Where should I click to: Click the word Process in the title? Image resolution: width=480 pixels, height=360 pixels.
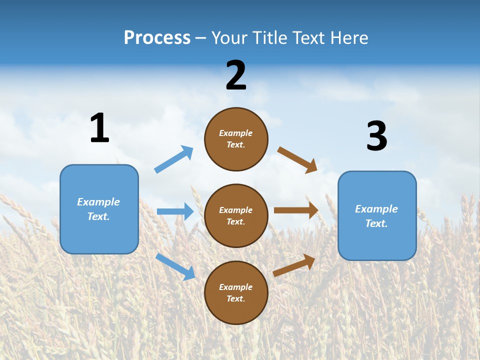(157, 38)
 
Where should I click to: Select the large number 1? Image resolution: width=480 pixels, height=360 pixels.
(99, 128)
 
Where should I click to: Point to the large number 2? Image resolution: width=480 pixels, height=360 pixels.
(236, 75)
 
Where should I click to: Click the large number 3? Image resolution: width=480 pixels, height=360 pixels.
(376, 136)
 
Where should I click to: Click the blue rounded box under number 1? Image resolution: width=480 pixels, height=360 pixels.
(99, 209)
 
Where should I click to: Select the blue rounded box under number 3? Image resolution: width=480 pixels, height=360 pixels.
(377, 216)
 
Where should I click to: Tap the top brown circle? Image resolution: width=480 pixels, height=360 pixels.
(236, 139)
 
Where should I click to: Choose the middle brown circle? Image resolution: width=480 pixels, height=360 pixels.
(236, 215)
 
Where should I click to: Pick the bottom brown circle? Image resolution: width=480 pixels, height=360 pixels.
(236, 292)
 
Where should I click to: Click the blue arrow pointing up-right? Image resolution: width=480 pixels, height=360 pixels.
(174, 159)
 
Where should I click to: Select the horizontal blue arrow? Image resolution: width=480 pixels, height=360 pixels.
(175, 211)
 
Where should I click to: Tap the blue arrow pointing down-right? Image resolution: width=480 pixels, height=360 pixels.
(175, 266)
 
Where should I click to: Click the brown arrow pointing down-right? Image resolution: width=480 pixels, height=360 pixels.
(297, 159)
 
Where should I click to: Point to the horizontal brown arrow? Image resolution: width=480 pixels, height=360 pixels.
(296, 210)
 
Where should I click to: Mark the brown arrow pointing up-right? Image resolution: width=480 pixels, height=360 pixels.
(294, 265)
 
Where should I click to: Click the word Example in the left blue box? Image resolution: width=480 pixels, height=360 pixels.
(98, 202)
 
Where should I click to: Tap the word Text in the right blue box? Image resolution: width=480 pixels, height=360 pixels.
(376, 223)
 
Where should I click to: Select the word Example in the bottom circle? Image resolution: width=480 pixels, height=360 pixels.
(235, 287)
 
